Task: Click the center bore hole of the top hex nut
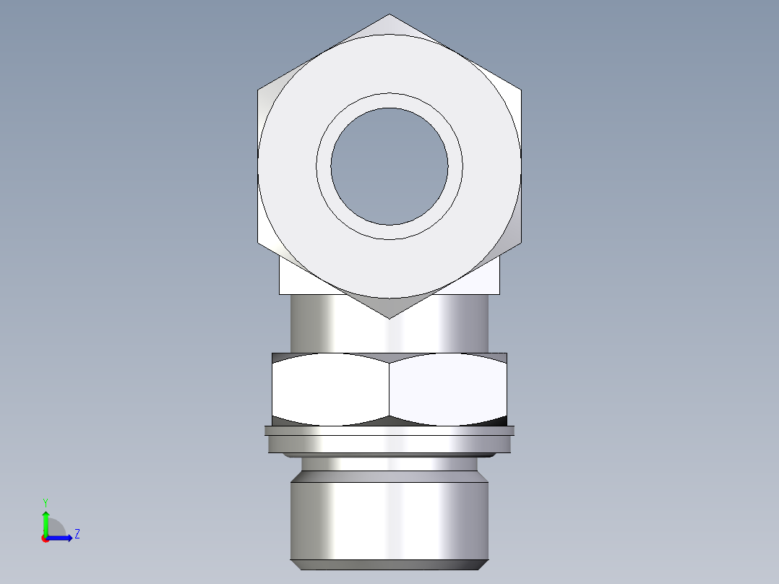[389, 166]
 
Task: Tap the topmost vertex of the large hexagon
[389, 14]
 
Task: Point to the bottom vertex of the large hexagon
[389, 318]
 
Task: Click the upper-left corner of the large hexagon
[259, 90]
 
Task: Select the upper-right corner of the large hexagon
[520, 90]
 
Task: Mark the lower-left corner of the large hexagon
[259, 242]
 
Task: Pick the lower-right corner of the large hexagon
[520, 242]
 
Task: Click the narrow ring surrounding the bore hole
[389, 100]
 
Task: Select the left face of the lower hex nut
[330, 389]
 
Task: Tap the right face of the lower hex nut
[448, 389]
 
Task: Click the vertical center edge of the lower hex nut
[389, 389]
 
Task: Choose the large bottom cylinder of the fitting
[389, 520]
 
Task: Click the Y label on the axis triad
[46, 502]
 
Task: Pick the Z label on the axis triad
[77, 534]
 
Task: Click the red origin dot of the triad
[46, 538]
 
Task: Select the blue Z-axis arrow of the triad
[61, 538]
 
